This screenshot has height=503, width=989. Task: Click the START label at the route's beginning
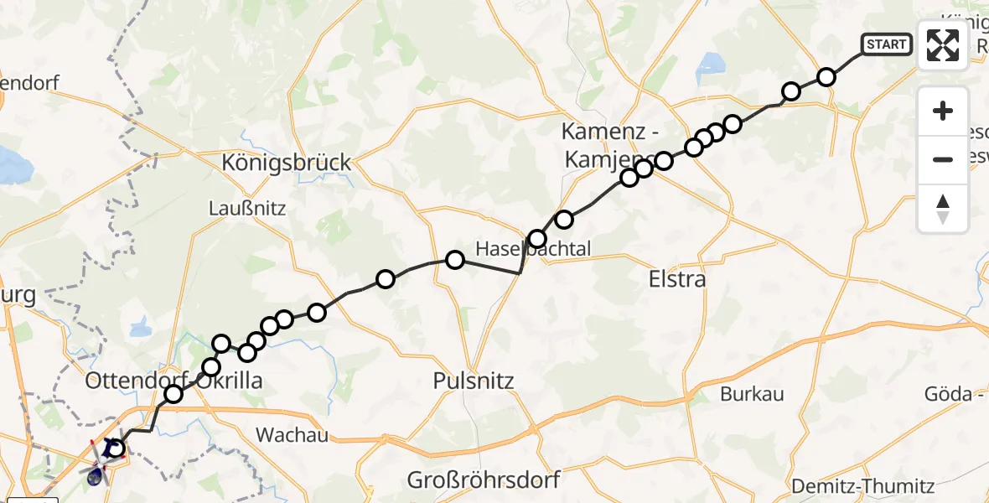click(887, 44)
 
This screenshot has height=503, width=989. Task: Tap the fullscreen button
click(943, 45)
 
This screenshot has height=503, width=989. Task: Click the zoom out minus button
click(943, 159)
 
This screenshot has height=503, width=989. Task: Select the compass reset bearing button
click(943, 209)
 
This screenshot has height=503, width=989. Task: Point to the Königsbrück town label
click(286, 162)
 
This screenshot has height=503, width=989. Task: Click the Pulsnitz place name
click(473, 381)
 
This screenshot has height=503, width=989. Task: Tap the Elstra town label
click(677, 279)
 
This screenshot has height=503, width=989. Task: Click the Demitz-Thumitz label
click(864, 485)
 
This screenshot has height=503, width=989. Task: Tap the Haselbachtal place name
click(533, 249)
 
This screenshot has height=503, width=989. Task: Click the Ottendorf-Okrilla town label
click(174, 381)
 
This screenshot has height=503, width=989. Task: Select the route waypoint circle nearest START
click(826, 77)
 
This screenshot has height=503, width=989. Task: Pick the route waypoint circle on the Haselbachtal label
click(537, 239)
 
